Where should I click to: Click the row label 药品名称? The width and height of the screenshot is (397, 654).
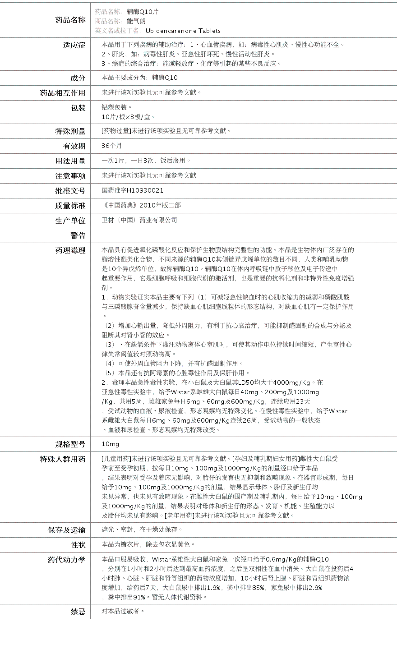pos(70,20)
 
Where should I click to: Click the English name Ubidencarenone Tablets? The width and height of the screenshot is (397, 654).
pos(183,31)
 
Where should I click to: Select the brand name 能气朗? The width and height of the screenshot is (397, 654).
pos(136,21)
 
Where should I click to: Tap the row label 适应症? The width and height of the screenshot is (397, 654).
pos(74,45)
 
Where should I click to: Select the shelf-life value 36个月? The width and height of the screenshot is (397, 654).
pos(112,146)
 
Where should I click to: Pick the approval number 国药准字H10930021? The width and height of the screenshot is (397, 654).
pos(133,191)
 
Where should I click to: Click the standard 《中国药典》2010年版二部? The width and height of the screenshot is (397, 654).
pos(141,205)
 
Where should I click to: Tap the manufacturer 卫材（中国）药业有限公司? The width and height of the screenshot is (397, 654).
pos(139,220)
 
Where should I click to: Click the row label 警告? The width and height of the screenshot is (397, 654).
pos(78,235)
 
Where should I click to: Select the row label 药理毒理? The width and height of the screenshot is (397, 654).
pos(70,250)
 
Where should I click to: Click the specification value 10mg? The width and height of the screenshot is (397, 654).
pos(110,444)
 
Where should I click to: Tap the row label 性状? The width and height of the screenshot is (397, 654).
pos(78,545)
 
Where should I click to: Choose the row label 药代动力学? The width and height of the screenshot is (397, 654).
pos(66,560)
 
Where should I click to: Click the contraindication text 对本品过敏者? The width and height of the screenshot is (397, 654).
pos(123,611)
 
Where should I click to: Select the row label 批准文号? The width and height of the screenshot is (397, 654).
pos(70,191)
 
